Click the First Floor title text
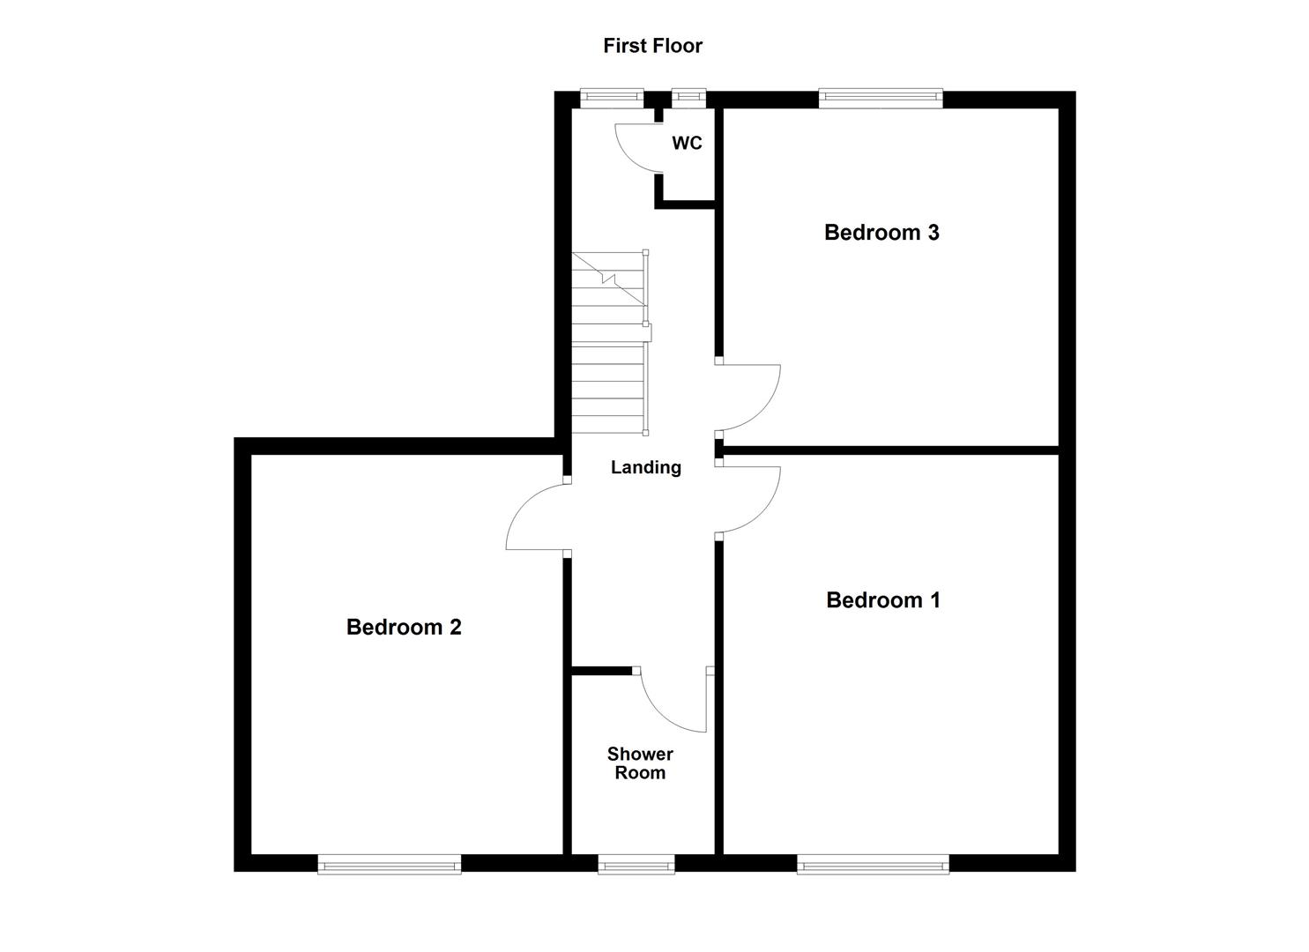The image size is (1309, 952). [x=652, y=46]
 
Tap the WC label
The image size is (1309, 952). [x=687, y=143]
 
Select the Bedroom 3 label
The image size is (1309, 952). [x=881, y=233]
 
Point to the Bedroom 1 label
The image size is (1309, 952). [x=882, y=600]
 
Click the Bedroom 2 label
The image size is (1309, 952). [x=404, y=628]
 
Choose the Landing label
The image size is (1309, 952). [x=646, y=467]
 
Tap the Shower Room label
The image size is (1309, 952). [x=640, y=763]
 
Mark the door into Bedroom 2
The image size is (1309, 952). [x=534, y=518]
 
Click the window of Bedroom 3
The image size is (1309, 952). [x=880, y=99]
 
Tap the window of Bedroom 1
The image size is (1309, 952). [x=873, y=864]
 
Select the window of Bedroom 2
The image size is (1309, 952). [x=390, y=864]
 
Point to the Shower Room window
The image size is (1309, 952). [x=636, y=864]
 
